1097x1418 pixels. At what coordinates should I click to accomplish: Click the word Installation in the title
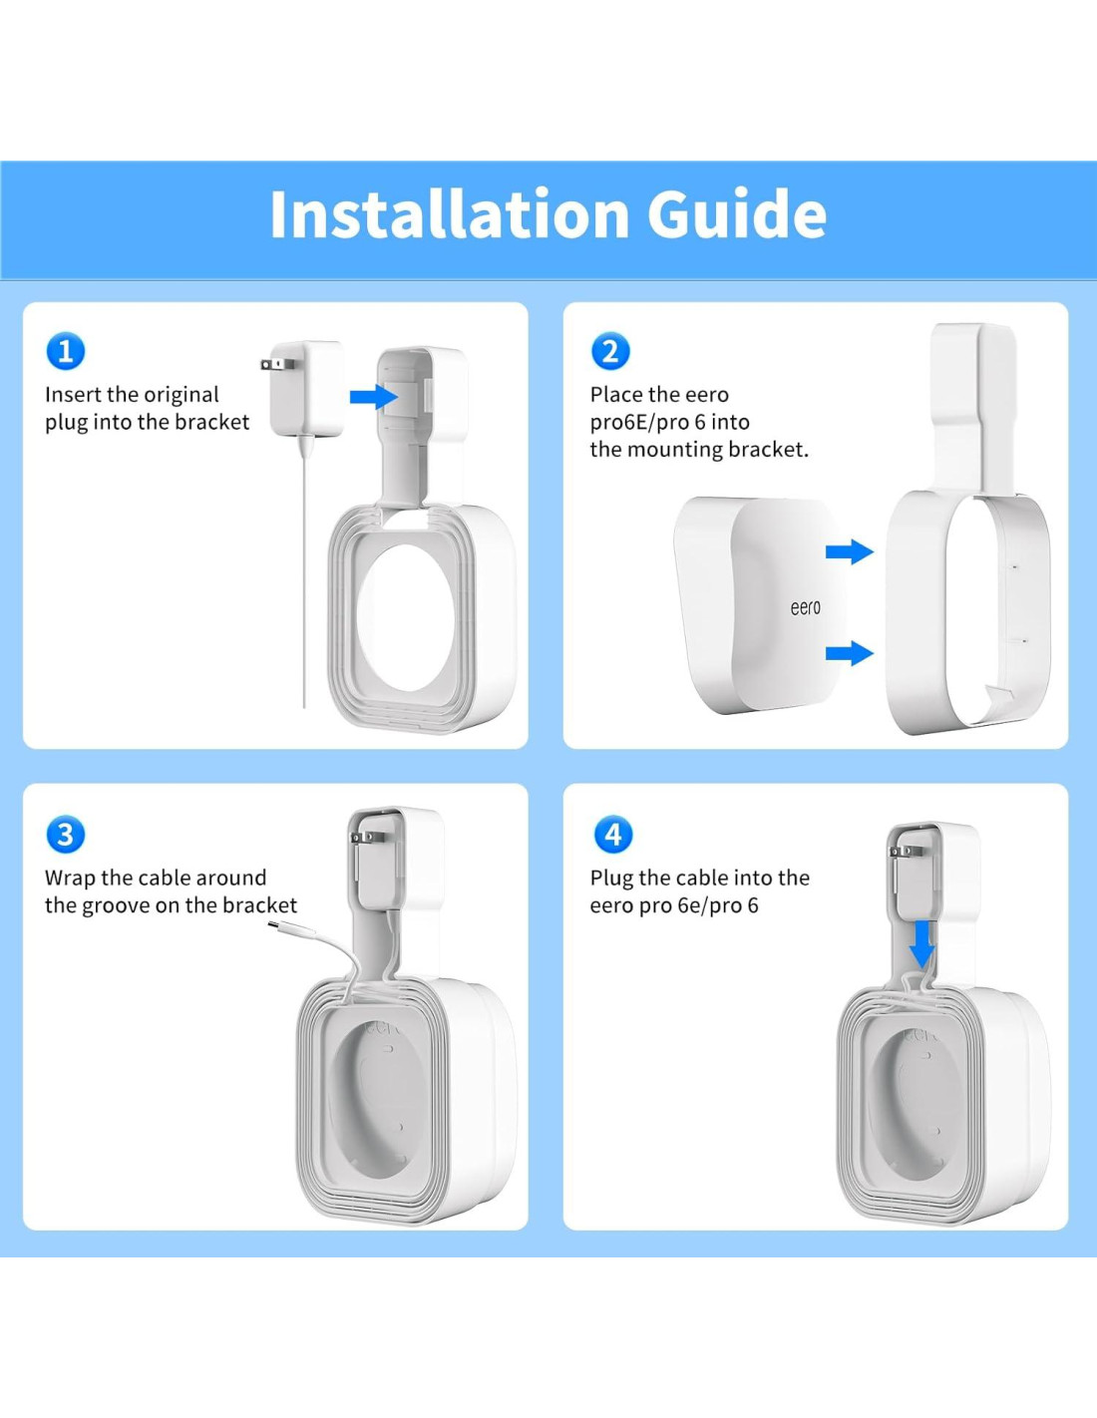(x=449, y=213)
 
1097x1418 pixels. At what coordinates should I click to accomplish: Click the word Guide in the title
(x=737, y=213)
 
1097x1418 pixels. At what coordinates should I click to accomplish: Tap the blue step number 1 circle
(x=65, y=351)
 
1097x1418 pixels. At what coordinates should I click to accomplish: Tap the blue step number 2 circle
(x=610, y=351)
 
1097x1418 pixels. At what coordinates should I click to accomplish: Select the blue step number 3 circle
(x=65, y=835)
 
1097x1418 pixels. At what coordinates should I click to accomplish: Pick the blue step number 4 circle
(x=613, y=835)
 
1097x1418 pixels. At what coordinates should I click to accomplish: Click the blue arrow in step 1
(x=374, y=396)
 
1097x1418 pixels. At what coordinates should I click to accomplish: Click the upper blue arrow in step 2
(x=850, y=551)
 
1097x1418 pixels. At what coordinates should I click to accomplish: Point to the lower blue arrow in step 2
(x=850, y=652)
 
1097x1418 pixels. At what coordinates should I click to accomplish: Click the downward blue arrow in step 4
(x=921, y=943)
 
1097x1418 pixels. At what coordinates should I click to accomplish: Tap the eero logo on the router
(x=805, y=608)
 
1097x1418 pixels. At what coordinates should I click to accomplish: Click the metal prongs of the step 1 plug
(x=266, y=364)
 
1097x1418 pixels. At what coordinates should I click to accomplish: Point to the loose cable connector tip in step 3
(x=275, y=924)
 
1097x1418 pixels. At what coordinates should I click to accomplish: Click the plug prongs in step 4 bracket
(x=904, y=851)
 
